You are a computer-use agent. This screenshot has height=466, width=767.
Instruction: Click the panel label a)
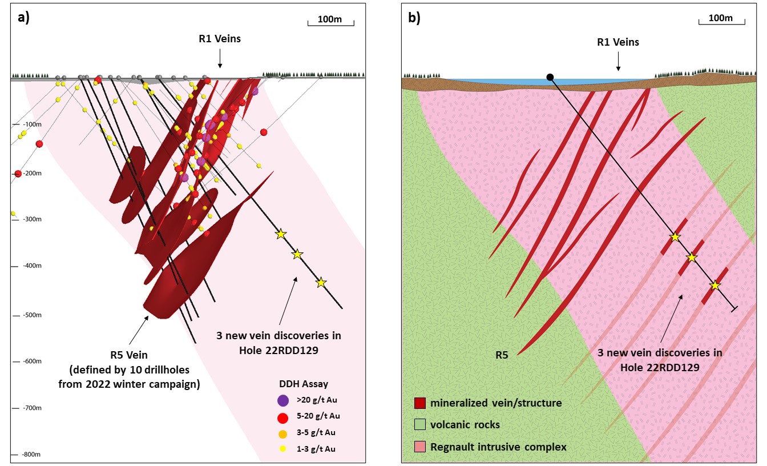pos(23,17)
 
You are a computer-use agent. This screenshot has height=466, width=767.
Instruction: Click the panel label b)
pos(414,17)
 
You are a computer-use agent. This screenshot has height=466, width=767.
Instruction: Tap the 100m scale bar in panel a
pos(331,23)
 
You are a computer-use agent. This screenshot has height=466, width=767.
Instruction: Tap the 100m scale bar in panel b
pos(722,22)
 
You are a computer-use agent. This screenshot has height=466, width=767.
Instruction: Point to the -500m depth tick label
pos(32,315)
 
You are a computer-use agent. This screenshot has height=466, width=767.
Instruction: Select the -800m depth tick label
pos(31,455)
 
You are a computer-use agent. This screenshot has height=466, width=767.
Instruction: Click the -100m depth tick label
pos(32,124)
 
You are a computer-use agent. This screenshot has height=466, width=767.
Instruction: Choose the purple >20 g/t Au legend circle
pos(283,400)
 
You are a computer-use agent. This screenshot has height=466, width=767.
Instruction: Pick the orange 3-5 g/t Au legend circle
pos(283,434)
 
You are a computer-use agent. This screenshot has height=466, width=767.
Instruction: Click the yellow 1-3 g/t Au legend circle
pos(283,448)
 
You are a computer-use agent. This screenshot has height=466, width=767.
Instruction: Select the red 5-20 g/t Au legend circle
pos(283,418)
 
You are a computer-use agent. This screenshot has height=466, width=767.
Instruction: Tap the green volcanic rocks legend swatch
pos(420,424)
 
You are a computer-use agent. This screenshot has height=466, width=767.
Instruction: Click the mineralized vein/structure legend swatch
pos(420,403)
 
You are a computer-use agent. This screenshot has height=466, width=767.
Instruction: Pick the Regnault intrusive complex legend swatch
pos(420,447)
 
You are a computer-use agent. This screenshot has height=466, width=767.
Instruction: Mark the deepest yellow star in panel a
pos(321,282)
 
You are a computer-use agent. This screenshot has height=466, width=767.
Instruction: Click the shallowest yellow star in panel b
pos(675,237)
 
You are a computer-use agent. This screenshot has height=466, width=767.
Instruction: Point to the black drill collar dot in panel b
pos(550,77)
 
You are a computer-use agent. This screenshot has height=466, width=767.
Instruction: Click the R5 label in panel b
pos(502,355)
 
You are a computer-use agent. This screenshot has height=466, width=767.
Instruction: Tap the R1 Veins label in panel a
pos(220,39)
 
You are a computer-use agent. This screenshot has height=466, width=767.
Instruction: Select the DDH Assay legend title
pos(304,384)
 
